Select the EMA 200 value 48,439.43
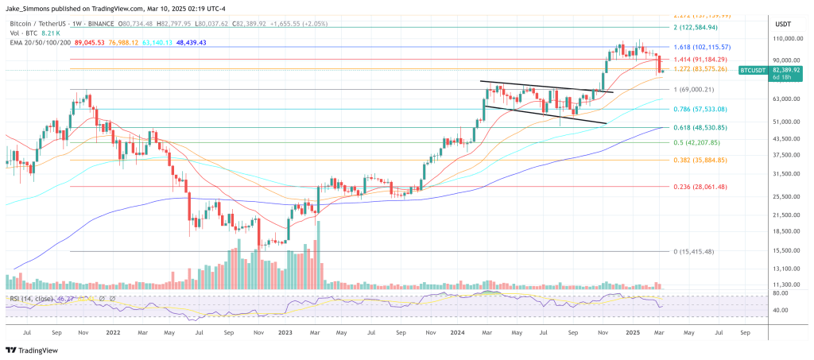coord(185,42)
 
